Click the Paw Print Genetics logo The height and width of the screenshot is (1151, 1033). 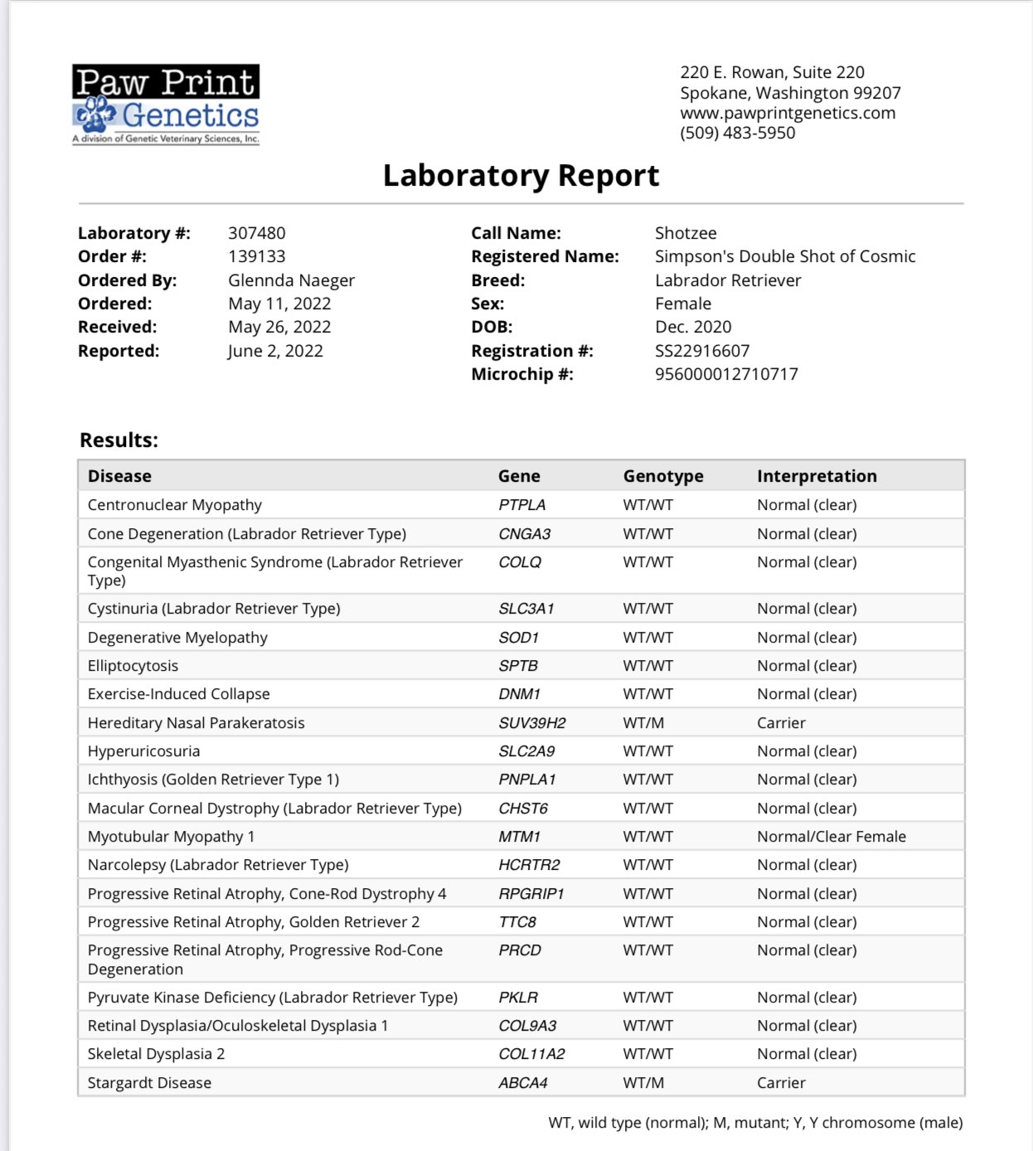[166, 104]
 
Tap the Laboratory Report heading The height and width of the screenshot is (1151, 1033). [521, 176]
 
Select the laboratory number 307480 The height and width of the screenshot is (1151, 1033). [257, 233]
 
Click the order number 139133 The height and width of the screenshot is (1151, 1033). [257, 256]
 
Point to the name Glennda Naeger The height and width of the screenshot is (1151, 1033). [291, 280]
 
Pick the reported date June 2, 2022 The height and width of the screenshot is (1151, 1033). [275, 351]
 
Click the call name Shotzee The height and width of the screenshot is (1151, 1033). [686, 233]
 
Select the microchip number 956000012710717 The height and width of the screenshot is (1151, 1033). [726, 374]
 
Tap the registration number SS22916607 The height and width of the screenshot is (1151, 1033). [702, 351]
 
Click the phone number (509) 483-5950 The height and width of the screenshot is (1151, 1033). [737, 133]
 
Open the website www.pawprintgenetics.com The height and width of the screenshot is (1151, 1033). [788, 113]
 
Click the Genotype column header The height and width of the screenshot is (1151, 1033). [663, 476]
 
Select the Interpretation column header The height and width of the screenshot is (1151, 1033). [817, 476]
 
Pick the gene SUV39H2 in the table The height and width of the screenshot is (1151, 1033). [532, 723]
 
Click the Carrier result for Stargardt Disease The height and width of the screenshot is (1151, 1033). [781, 1083]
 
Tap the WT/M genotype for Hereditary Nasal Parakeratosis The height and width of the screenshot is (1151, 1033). [643, 723]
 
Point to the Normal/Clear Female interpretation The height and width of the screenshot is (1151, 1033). [832, 837]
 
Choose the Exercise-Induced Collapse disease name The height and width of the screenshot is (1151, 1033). [179, 694]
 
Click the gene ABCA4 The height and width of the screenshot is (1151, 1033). [523, 1083]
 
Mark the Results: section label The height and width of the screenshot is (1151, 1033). [119, 440]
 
